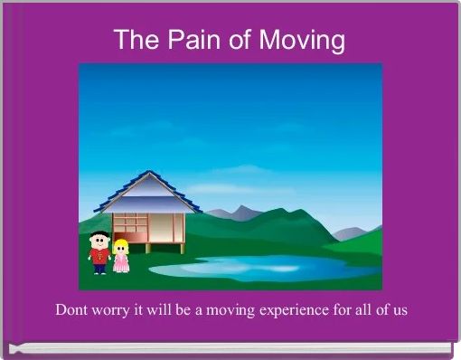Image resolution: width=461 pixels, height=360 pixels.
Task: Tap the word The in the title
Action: pyautogui.click(x=135, y=40)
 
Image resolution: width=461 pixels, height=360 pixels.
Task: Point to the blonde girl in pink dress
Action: pyautogui.click(x=120, y=257)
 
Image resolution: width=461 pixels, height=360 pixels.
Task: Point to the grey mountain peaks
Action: pyautogui.click(x=237, y=213)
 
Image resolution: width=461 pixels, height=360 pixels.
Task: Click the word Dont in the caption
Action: pyautogui.click(x=72, y=310)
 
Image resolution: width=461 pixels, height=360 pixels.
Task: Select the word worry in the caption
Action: pyautogui.click(x=115, y=310)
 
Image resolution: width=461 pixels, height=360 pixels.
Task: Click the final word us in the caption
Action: pyautogui.click(x=400, y=310)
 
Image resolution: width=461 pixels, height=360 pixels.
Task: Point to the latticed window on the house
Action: pyautogui.click(x=130, y=223)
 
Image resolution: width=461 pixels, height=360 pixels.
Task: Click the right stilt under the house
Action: pyautogui.click(x=183, y=246)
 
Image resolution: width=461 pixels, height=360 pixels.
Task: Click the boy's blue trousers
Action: pyautogui.click(x=99, y=268)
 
